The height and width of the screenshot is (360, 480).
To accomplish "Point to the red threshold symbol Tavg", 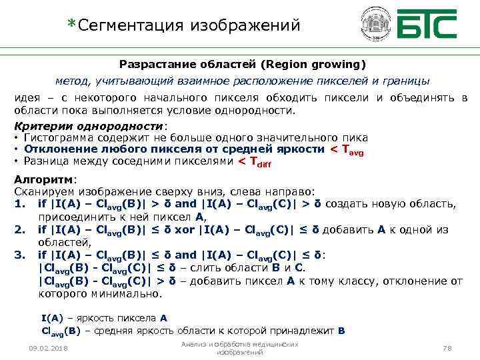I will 347,149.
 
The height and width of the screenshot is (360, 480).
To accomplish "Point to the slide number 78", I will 447,349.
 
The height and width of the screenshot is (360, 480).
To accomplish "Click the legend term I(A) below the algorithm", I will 51,318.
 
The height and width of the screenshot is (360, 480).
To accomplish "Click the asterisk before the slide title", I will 72,23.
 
